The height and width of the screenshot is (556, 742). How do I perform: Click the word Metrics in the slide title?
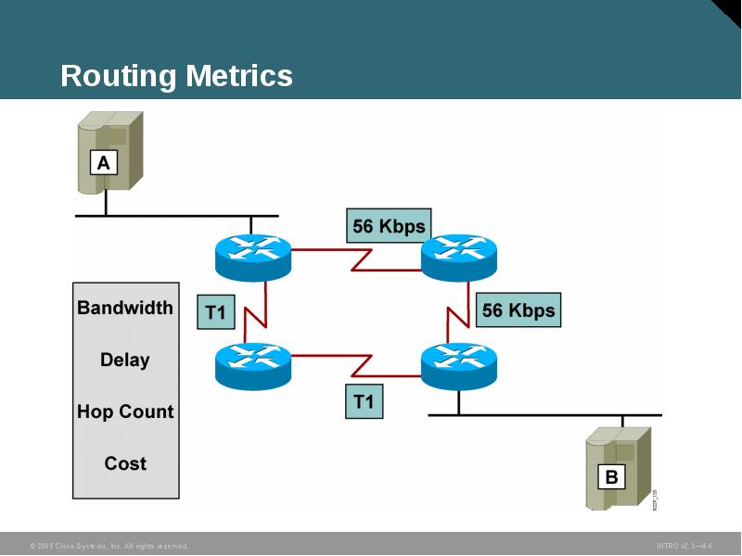point(238,76)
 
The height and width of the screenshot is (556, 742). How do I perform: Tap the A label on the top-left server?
point(104,164)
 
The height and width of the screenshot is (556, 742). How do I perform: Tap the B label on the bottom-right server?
point(611,477)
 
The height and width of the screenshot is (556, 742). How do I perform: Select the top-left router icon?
point(253,257)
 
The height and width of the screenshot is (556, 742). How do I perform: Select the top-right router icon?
point(459,257)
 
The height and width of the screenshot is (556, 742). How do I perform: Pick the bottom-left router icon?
point(253,364)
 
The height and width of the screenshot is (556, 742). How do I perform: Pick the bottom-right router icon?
point(459,364)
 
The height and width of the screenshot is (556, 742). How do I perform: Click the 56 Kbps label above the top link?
point(389,225)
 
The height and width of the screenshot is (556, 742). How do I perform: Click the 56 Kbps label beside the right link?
point(518,310)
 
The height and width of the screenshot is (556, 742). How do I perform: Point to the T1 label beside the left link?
point(215,312)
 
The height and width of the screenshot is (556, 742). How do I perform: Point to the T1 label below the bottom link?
point(364,401)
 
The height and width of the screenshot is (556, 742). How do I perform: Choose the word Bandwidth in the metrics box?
point(125,308)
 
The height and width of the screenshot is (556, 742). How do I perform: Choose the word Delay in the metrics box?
point(125,360)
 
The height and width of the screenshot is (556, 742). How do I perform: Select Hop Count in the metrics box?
point(125,411)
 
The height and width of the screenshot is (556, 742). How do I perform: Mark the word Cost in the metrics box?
point(125,463)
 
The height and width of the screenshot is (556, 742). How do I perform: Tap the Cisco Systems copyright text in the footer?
point(109,546)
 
